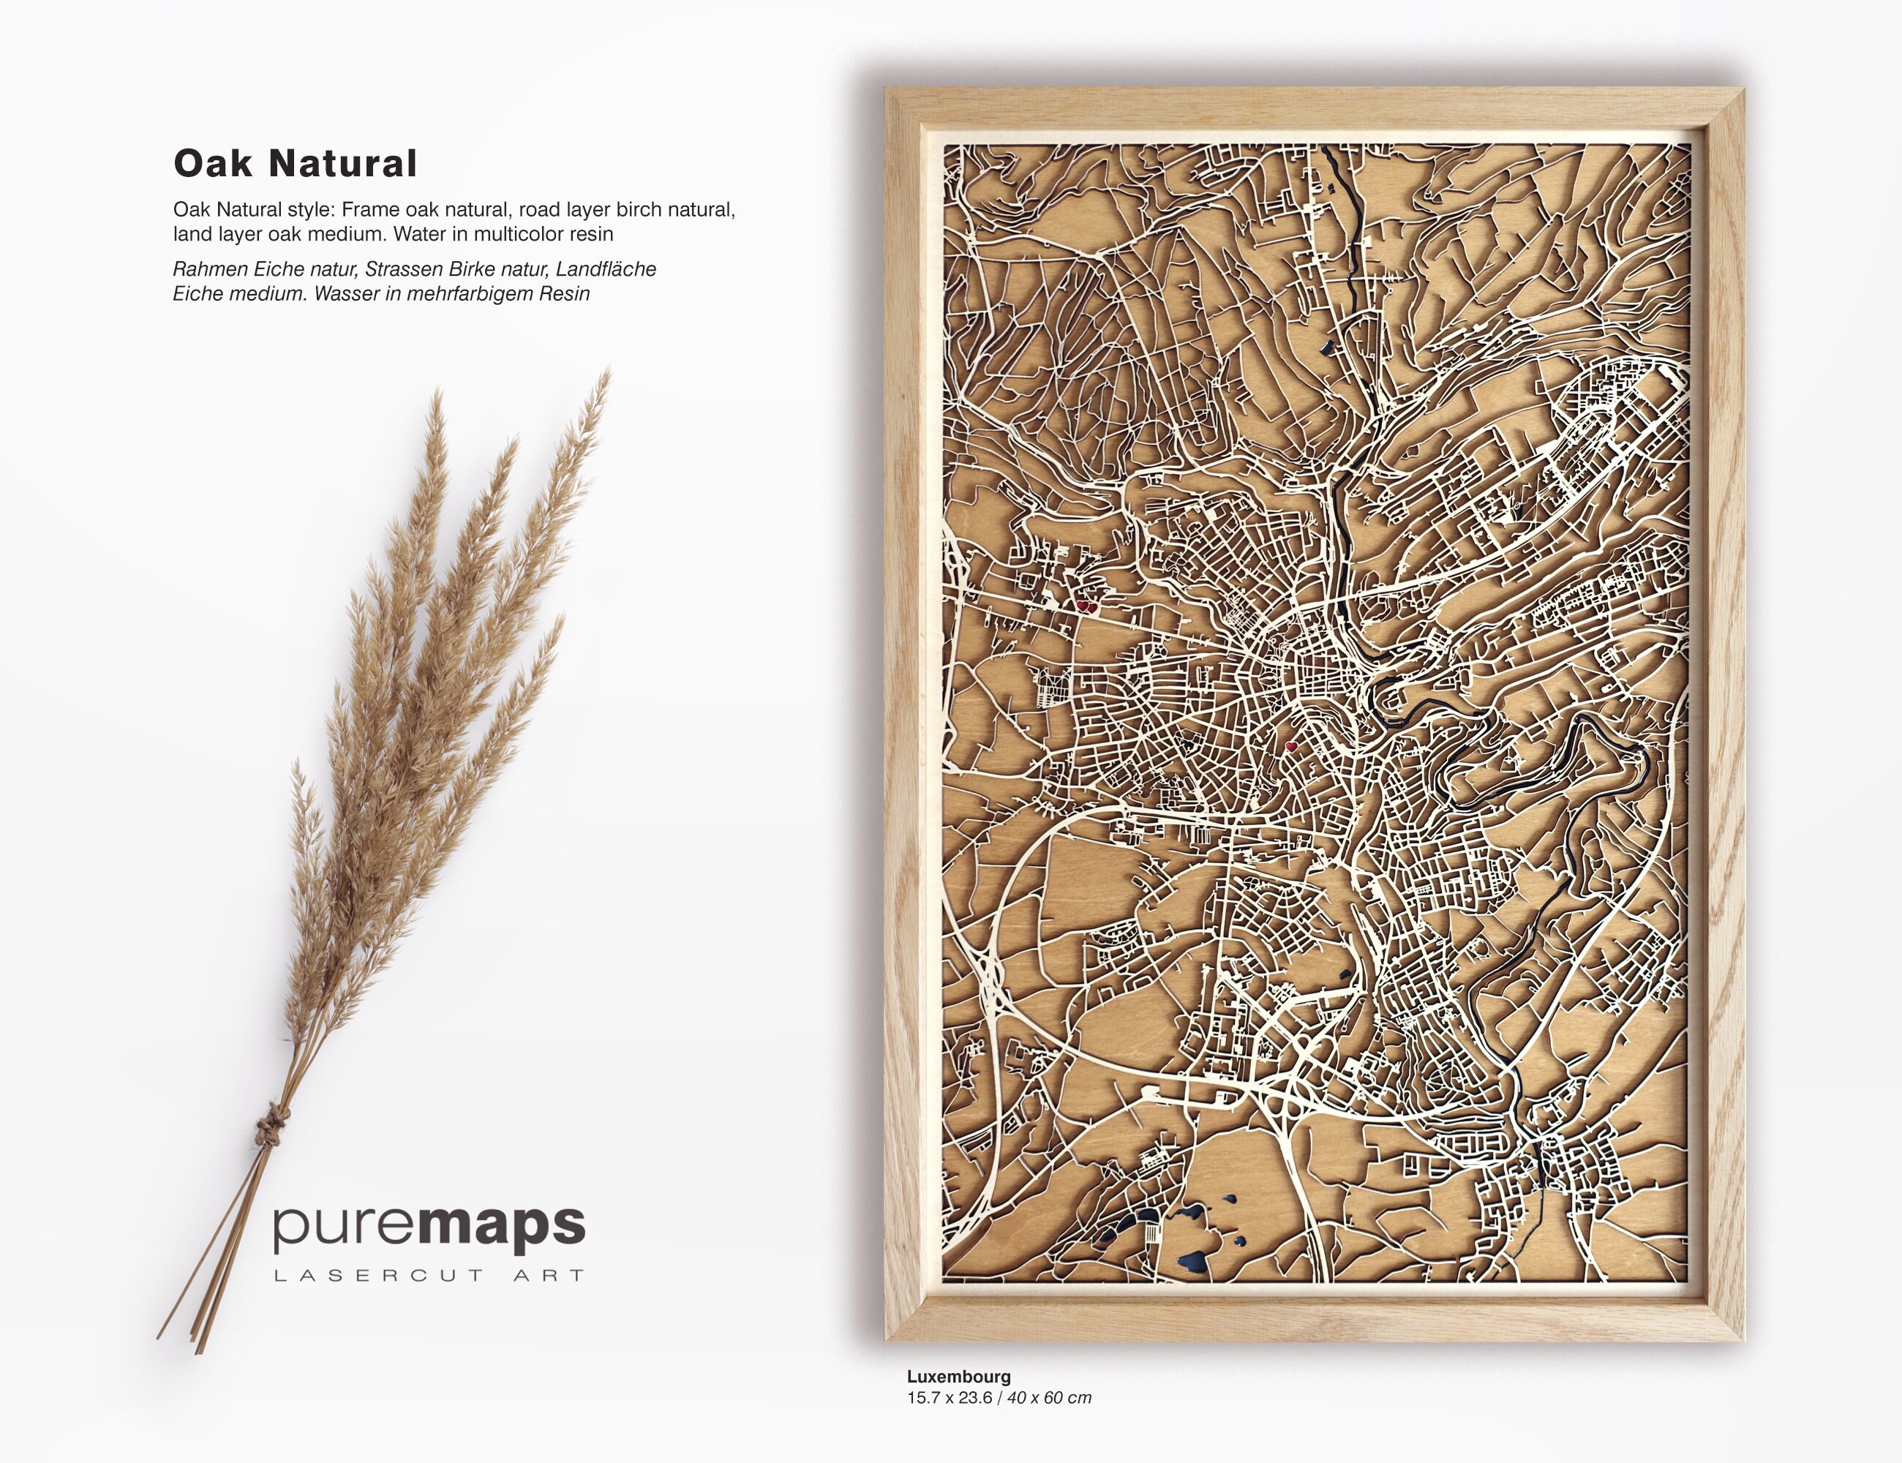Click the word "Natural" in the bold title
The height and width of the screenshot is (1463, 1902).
(x=343, y=164)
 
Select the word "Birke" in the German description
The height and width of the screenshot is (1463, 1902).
(x=475, y=270)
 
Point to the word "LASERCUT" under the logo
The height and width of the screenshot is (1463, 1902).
(x=379, y=1276)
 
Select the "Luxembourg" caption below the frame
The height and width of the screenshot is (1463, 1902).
(x=959, y=1377)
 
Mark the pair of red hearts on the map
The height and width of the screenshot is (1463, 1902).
(x=1087, y=605)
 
